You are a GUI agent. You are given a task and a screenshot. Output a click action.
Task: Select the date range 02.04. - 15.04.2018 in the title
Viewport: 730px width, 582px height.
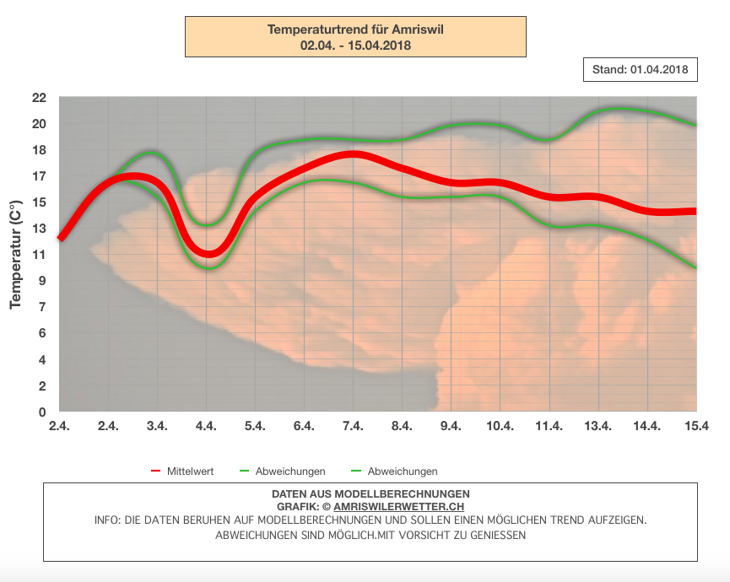pos(355,46)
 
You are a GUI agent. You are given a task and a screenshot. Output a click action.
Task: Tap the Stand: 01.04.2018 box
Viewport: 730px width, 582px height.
pos(641,70)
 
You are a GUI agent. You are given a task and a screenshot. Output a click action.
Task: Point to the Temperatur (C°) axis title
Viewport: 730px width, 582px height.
pos(15,254)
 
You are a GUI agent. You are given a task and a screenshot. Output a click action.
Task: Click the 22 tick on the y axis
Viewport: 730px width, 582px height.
pos(39,98)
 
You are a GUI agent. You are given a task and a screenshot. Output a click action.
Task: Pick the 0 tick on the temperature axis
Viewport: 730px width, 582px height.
pos(41,412)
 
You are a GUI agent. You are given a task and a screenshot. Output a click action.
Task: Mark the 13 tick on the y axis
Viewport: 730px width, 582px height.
pos(39,229)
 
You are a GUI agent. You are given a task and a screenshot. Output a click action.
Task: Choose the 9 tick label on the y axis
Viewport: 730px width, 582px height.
pos(41,281)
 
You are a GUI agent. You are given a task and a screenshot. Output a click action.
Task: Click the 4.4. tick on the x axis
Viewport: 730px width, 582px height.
pos(206,427)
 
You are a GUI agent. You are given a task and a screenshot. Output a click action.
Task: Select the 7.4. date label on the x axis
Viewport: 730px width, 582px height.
pos(353,427)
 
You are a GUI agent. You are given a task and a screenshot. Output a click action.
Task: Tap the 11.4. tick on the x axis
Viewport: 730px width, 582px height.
pos(549,427)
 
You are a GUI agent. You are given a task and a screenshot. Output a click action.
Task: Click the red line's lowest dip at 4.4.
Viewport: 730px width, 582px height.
pos(207,253)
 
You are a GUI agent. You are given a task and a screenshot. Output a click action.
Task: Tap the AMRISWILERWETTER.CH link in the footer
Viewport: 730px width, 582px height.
pos(398,506)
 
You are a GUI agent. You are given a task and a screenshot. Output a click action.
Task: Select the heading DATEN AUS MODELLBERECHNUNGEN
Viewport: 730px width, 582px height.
pos(370,493)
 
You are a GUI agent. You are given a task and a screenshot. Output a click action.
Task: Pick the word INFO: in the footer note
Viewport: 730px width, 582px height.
pos(109,520)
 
